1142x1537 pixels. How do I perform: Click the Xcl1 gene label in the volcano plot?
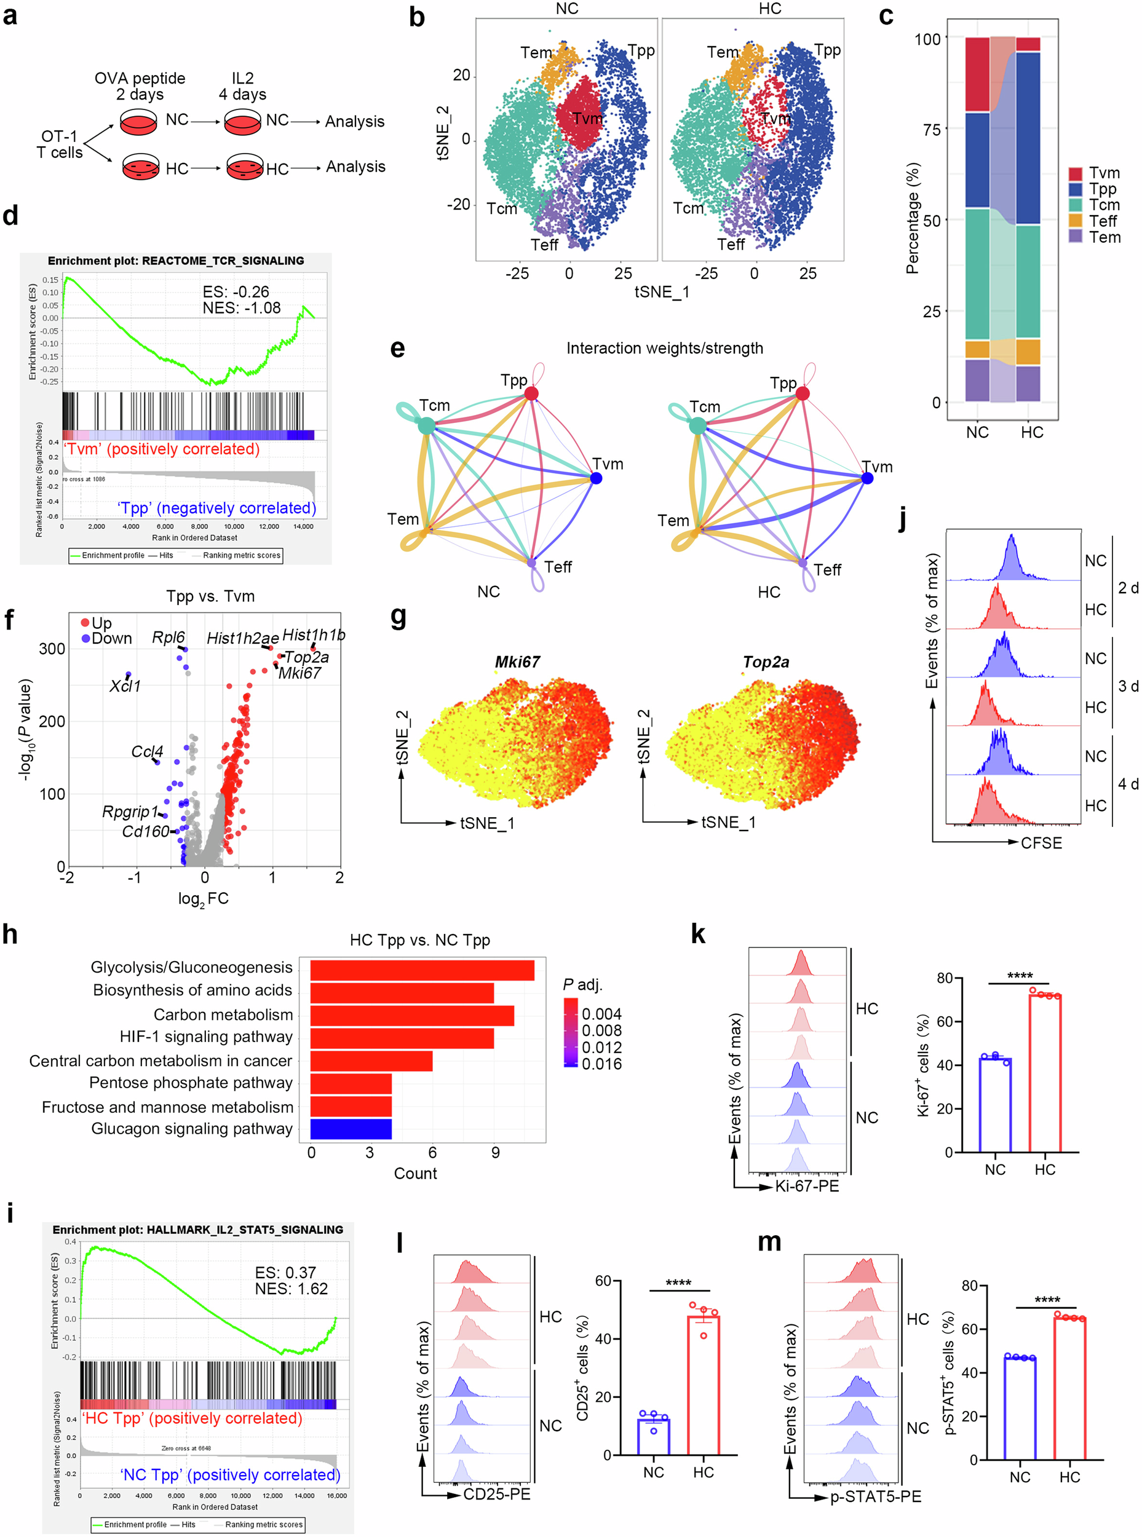[x=125, y=686]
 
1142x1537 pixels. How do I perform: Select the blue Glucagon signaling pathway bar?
[x=351, y=1129]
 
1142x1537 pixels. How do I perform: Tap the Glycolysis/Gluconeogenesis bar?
[x=422, y=970]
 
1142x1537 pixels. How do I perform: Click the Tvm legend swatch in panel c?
[x=1075, y=173]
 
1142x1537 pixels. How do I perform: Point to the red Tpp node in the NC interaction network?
[x=531, y=393]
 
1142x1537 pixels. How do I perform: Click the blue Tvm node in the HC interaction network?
[x=867, y=478]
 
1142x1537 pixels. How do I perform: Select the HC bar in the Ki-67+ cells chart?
[x=1045, y=1073]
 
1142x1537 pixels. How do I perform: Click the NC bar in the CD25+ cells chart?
[x=653, y=1437]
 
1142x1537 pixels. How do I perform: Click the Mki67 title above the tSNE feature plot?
[x=517, y=662]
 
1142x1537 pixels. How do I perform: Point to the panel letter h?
[x=10, y=934]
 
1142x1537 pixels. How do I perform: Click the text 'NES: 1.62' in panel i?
[x=291, y=1288]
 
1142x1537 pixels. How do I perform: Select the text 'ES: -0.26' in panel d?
[x=236, y=291]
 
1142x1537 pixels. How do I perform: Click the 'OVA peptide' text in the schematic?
[x=140, y=78]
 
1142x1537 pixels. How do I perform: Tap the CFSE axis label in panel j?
[x=1041, y=842]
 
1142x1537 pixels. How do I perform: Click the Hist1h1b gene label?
[x=314, y=634]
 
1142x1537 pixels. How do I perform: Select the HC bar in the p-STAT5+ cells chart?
[x=1069, y=1388]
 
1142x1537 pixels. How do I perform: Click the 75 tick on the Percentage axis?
[x=931, y=129]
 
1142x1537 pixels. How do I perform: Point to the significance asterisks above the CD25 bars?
[x=678, y=1282]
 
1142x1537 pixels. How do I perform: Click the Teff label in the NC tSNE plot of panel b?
[x=544, y=245]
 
